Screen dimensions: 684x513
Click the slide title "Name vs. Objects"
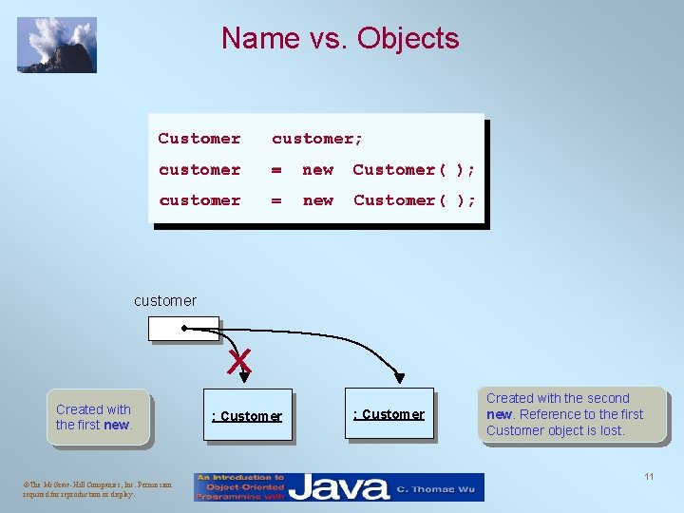click(x=340, y=38)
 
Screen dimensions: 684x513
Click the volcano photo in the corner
click(x=57, y=45)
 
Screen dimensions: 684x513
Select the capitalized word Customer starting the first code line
click(x=199, y=139)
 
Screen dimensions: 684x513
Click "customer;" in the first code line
click(x=317, y=139)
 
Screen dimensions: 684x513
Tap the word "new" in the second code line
click(x=317, y=170)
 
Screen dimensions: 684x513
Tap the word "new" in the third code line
click(x=317, y=200)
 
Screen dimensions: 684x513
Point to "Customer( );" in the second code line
click(x=414, y=170)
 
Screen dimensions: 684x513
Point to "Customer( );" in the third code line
click(x=414, y=200)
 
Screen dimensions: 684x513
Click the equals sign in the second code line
click(x=276, y=170)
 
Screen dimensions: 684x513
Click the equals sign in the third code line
click(x=276, y=200)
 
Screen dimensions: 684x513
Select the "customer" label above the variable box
click(x=165, y=301)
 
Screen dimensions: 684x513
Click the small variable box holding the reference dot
click(x=183, y=328)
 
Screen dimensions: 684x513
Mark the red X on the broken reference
click(x=239, y=360)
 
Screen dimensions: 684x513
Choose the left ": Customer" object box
click(x=247, y=416)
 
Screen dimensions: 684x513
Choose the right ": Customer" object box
click(x=389, y=414)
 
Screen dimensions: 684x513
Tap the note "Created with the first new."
click(x=94, y=417)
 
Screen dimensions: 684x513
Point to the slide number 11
click(x=649, y=476)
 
